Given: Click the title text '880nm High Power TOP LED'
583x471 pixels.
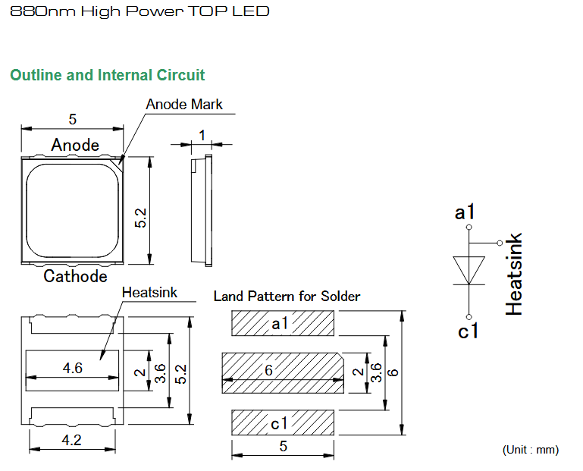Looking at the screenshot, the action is (x=139, y=11).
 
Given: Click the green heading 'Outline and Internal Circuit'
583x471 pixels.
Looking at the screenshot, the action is (x=108, y=75).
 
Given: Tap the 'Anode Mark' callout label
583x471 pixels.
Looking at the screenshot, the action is (x=184, y=104).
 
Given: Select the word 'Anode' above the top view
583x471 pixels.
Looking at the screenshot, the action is (x=75, y=145).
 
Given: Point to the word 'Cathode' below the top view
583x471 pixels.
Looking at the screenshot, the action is (x=75, y=276).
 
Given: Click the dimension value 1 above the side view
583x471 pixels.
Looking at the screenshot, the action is (x=202, y=135).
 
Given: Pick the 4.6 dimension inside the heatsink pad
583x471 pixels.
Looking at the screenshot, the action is (x=73, y=368).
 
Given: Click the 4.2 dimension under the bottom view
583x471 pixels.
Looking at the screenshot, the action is (x=71, y=440).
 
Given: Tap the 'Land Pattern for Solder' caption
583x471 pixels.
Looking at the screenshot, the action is (x=287, y=296).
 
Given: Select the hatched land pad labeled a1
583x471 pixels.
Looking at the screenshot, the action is (x=283, y=323).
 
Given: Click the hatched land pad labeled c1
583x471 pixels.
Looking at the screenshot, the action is (x=283, y=422).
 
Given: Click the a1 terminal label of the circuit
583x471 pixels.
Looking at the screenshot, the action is (x=465, y=212).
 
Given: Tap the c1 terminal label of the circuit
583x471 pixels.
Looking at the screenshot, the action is (x=468, y=331).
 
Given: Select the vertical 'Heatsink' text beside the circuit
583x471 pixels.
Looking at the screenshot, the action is (x=514, y=275).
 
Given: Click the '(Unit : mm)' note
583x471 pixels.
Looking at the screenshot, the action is (x=531, y=450).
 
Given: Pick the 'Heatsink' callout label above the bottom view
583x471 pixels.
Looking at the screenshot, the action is (x=149, y=293).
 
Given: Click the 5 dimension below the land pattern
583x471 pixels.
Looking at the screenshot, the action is (x=284, y=446).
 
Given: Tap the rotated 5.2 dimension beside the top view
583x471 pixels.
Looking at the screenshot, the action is (x=140, y=218).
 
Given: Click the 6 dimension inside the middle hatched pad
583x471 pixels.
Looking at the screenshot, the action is (x=268, y=370).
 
